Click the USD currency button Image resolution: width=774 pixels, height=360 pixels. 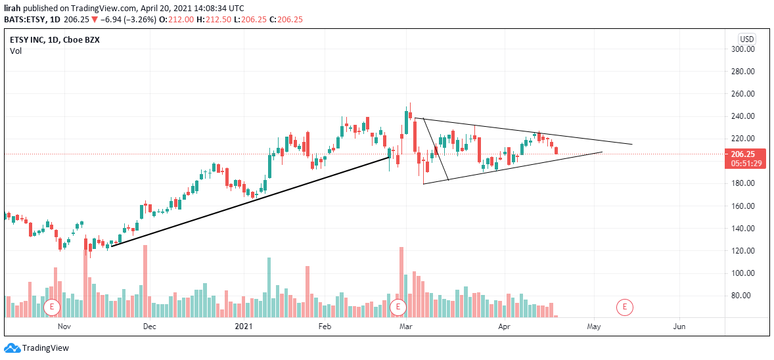point(747,39)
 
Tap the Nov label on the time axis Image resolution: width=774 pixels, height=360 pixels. point(64,326)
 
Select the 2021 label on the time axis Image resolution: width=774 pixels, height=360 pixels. point(243,326)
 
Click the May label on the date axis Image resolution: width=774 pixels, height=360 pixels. point(595,326)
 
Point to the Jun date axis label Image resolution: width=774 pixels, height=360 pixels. point(679,326)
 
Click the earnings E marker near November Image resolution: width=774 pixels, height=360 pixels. point(51,307)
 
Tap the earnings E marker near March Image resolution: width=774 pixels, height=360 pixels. point(398,307)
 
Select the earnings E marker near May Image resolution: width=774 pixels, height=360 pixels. point(625,307)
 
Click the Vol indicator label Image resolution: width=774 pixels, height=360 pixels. point(16,51)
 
